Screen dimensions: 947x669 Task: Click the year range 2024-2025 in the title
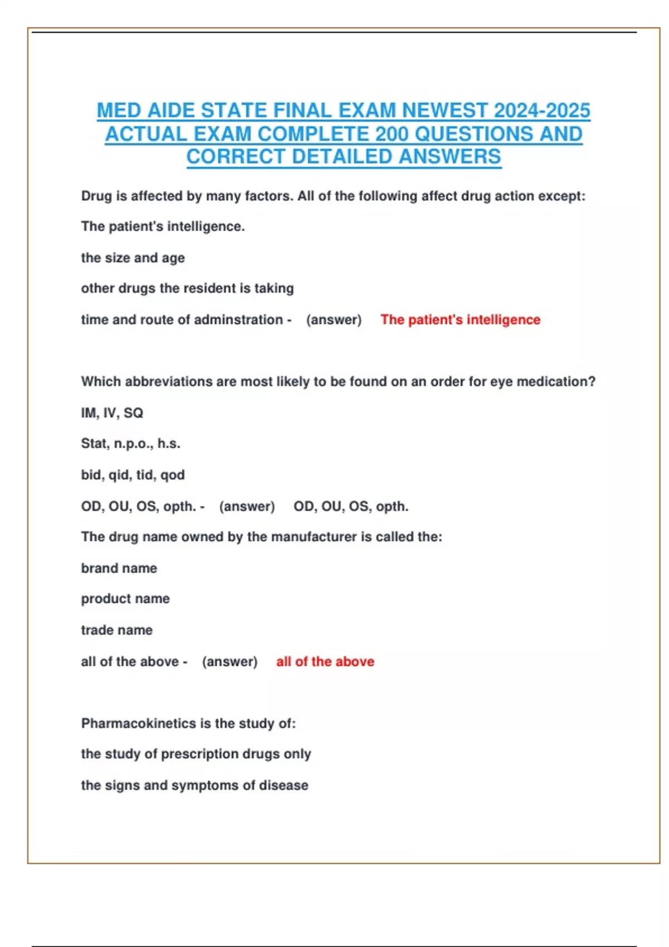pyautogui.click(x=542, y=111)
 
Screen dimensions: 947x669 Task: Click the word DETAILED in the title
pyautogui.click(x=342, y=157)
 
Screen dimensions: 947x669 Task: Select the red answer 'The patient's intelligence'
pyautogui.click(x=460, y=320)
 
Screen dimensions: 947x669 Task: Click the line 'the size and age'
pyautogui.click(x=133, y=258)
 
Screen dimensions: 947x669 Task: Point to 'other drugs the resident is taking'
pyautogui.click(x=187, y=289)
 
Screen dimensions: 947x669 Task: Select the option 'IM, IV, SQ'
pyautogui.click(x=112, y=413)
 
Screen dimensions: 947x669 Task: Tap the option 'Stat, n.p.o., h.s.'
pyautogui.click(x=130, y=443)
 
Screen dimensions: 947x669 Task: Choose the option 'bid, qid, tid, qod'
pyautogui.click(x=133, y=475)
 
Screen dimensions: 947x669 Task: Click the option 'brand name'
pyautogui.click(x=119, y=568)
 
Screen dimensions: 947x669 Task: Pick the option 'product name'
pyautogui.click(x=125, y=599)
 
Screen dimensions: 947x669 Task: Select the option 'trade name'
pyautogui.click(x=117, y=630)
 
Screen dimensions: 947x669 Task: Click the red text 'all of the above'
pyautogui.click(x=325, y=662)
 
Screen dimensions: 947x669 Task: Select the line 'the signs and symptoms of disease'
pyautogui.click(x=195, y=785)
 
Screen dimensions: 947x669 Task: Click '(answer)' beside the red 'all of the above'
pyautogui.click(x=230, y=662)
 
